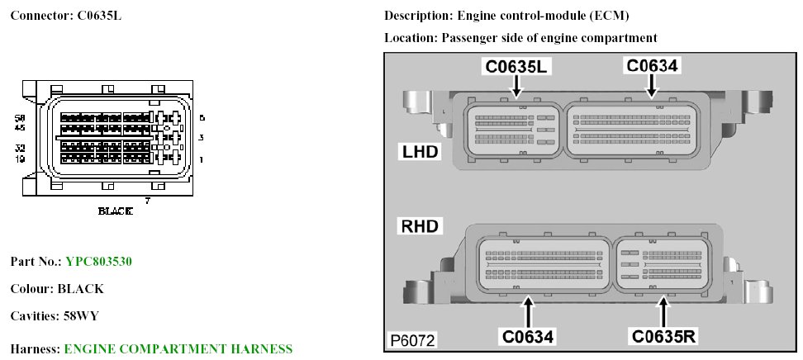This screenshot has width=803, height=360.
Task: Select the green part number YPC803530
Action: (x=99, y=262)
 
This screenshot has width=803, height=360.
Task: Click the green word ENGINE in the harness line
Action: (x=88, y=349)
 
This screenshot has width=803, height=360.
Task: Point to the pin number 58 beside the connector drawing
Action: (x=21, y=119)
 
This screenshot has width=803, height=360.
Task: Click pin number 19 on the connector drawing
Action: (x=21, y=158)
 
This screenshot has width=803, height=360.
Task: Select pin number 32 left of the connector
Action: (x=21, y=148)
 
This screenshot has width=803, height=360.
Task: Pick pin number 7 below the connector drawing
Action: (x=147, y=201)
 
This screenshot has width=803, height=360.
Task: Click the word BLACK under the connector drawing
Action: (x=115, y=211)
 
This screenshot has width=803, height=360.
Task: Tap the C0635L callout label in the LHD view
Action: (x=516, y=66)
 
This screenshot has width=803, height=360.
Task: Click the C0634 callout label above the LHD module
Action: (x=652, y=66)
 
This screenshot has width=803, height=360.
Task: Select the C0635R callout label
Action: (x=663, y=336)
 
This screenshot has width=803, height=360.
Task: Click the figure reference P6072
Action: (x=414, y=339)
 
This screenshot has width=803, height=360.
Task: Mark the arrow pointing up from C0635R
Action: (x=663, y=313)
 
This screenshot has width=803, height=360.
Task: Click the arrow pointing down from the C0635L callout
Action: (x=516, y=87)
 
